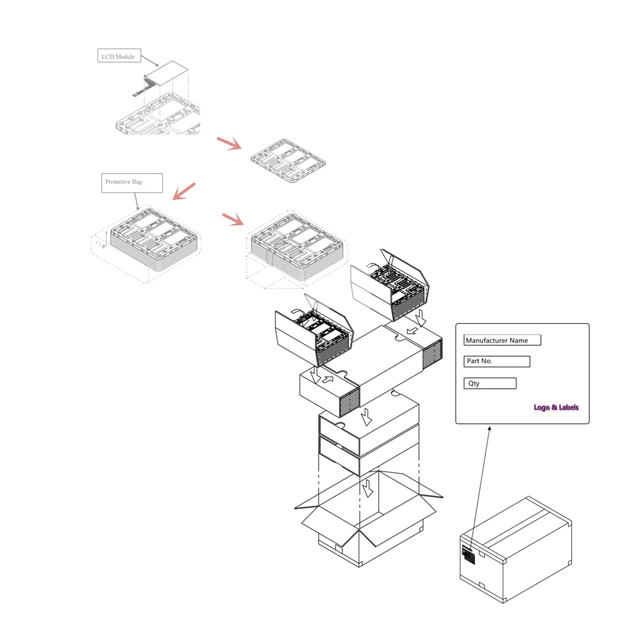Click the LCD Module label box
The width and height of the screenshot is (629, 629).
point(119,56)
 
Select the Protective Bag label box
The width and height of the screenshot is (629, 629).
point(132,183)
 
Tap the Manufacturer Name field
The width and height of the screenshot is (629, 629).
point(502,340)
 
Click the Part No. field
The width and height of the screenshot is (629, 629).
point(497,362)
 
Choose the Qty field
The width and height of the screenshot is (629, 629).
point(490,384)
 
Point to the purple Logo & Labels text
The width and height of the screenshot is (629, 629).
point(556,408)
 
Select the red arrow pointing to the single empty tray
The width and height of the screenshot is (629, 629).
point(230,143)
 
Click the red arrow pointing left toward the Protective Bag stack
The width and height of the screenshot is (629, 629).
point(184,191)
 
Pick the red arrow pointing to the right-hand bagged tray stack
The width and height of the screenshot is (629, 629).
point(233,220)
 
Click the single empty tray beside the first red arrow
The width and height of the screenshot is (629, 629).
point(288,160)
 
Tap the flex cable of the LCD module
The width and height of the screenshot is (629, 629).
point(145,86)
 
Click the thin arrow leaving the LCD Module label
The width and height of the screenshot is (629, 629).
point(150,61)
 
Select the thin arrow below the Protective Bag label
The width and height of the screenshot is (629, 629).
point(136,202)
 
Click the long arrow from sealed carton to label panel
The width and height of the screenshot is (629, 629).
point(480,488)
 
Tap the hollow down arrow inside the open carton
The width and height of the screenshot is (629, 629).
point(367,488)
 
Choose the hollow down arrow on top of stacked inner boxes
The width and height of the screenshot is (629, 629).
point(366,417)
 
